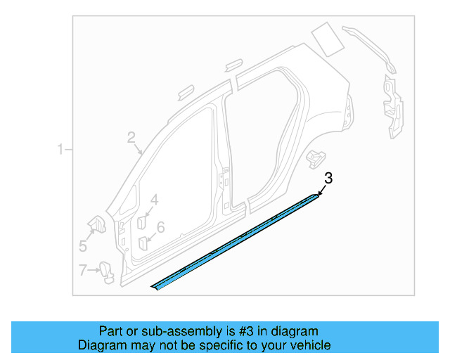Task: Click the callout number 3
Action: (x=328, y=179)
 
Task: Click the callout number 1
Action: (x=61, y=149)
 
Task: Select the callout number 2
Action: (x=131, y=138)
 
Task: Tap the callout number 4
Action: (x=154, y=200)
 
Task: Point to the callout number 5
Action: (x=83, y=245)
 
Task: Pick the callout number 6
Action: (x=160, y=227)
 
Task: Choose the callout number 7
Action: (x=83, y=269)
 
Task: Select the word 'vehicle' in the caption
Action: (x=308, y=345)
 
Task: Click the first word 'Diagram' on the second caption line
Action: (x=101, y=345)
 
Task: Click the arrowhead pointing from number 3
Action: (x=319, y=193)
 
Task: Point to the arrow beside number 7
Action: (x=94, y=270)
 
